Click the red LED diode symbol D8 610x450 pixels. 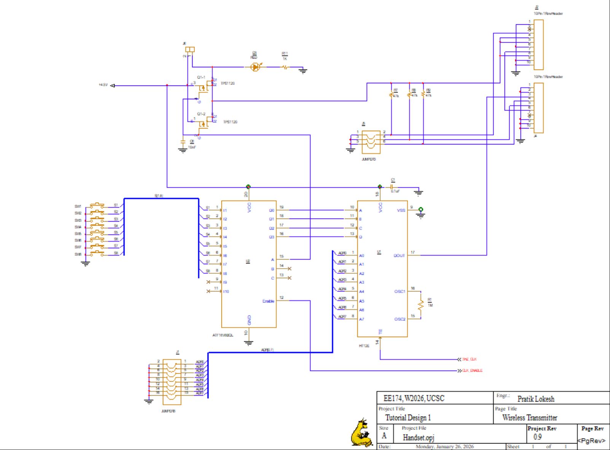[x=255, y=67]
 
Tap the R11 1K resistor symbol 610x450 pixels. [x=285, y=67]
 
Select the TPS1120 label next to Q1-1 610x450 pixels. [x=228, y=83]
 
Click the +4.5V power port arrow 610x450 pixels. [x=112, y=86]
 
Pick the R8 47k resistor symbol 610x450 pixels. [x=410, y=93]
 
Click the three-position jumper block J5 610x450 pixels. [x=371, y=142]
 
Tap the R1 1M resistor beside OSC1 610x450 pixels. [x=421, y=305]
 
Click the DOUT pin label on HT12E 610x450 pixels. [x=399, y=256]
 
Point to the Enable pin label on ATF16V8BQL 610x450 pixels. [x=268, y=301]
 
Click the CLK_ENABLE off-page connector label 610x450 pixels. [x=472, y=371]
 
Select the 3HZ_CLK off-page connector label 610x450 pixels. [x=469, y=359]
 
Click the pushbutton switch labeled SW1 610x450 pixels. [x=97, y=206]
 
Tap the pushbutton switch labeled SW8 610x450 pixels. [x=97, y=254]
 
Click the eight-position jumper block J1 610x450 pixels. [x=172, y=382]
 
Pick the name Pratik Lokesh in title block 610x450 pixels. [x=535, y=399]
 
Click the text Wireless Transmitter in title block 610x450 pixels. [x=529, y=418]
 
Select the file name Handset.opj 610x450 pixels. [x=418, y=437]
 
